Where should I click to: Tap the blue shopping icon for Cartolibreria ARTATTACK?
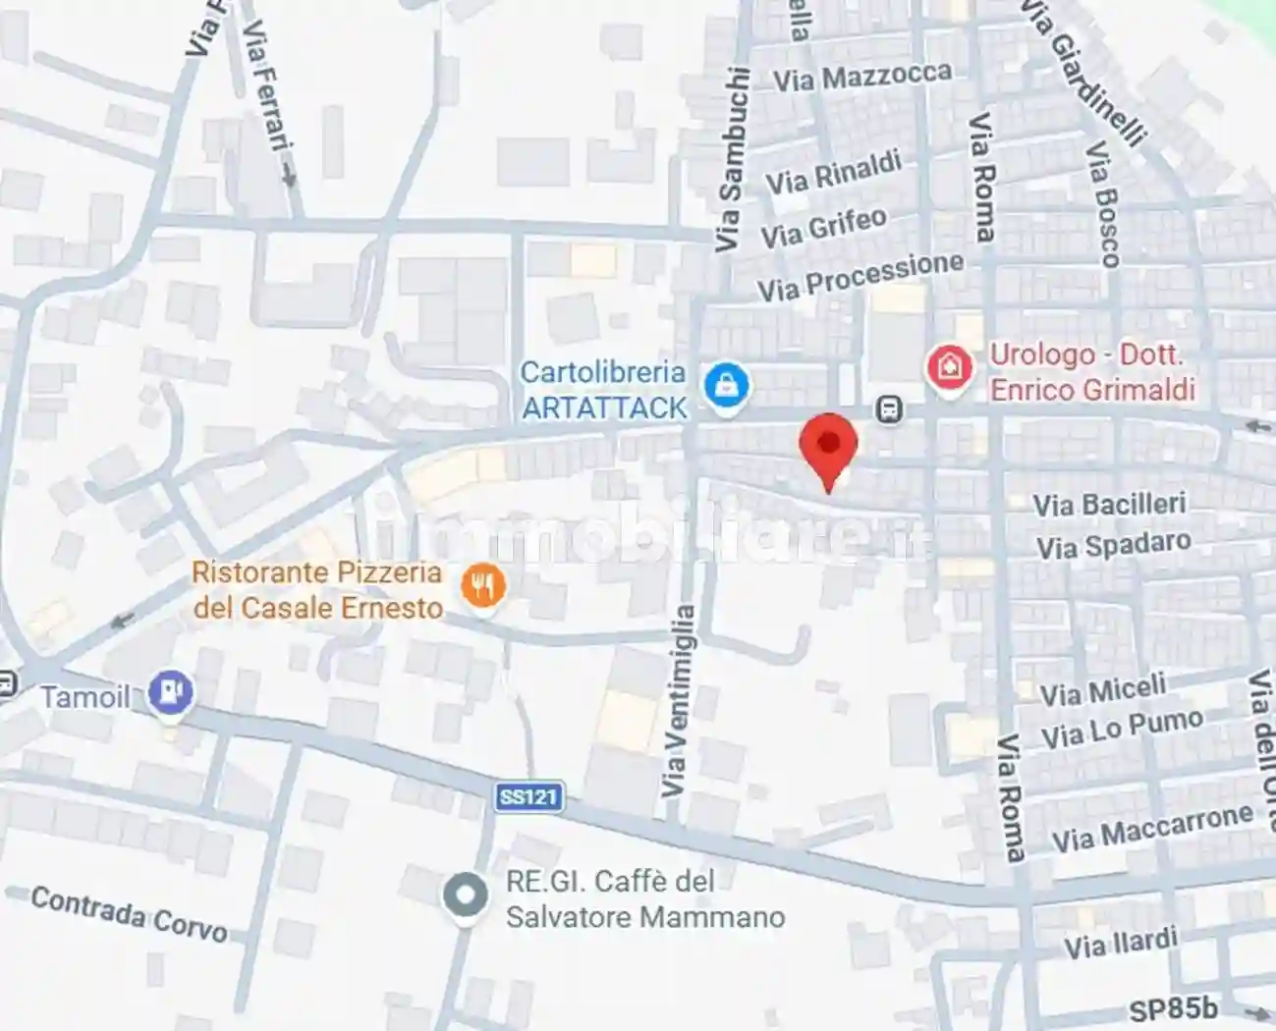[x=727, y=385]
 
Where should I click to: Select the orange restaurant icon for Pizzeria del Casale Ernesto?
[x=482, y=587]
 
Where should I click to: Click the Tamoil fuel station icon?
[x=171, y=694]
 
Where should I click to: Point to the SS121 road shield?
[x=528, y=795]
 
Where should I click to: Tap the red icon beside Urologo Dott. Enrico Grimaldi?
[x=949, y=368]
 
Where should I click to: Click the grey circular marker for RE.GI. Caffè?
[x=465, y=896]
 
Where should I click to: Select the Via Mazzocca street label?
[x=861, y=77]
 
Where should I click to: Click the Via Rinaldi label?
[x=833, y=173]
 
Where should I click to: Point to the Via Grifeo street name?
[x=823, y=228]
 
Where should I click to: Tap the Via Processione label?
[x=860, y=277]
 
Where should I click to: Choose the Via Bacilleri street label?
[x=1109, y=505]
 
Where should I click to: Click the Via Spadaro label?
[x=1113, y=545]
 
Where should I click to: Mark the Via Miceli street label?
[x=1102, y=691]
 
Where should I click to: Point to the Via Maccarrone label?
[x=1152, y=828]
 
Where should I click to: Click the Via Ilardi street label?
[x=1121, y=944]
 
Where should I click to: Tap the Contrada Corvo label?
[x=129, y=914]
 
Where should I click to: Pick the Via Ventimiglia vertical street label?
[x=677, y=701]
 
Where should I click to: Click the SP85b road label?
[x=1173, y=1009]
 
